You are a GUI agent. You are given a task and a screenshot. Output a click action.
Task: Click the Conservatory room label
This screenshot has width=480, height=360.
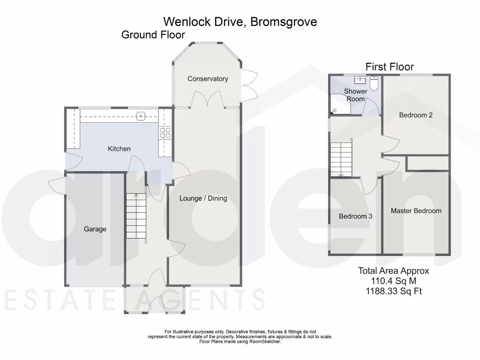pyautogui.click(x=208, y=79)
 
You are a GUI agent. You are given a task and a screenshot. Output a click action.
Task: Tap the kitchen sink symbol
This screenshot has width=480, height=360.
pyautogui.click(x=140, y=116)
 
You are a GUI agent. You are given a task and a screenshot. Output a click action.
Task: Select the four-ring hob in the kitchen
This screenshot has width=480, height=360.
pyautogui.click(x=165, y=133)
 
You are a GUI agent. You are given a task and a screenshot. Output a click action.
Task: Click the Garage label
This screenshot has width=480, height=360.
pyautogui.click(x=95, y=229)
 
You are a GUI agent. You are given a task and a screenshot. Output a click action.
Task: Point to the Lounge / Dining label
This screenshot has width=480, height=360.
pyautogui.click(x=203, y=198)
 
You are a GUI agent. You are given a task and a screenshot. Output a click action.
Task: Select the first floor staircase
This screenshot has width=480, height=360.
pyautogui.click(x=341, y=158)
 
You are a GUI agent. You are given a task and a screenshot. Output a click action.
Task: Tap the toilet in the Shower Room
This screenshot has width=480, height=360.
pyautogui.click(x=374, y=83)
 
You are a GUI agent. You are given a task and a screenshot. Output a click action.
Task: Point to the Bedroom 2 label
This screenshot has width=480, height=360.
pyautogui.click(x=416, y=115)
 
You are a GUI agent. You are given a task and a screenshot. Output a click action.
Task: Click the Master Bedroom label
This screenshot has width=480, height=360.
pyautogui.click(x=416, y=211)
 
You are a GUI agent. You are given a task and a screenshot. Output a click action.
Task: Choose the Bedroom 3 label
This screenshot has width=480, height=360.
pyautogui.click(x=356, y=216)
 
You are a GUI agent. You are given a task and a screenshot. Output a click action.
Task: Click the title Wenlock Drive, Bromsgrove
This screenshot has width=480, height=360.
pyautogui.click(x=240, y=22)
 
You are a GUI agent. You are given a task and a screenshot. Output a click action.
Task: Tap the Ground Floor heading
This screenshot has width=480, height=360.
pyautogui.click(x=153, y=35)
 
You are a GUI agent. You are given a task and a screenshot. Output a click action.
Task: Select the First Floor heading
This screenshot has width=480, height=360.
pyautogui.click(x=390, y=67)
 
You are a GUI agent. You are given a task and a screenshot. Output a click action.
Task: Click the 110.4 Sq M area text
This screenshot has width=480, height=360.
pyautogui.click(x=393, y=281)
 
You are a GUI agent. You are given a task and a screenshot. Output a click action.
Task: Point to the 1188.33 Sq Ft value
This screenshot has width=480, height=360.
pyautogui.click(x=393, y=291)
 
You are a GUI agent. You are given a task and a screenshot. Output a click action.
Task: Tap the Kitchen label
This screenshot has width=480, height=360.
pyautogui.click(x=119, y=149)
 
